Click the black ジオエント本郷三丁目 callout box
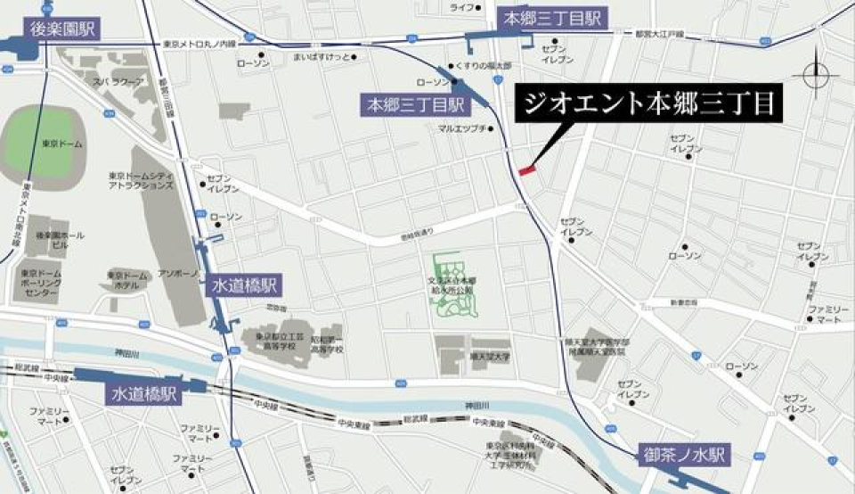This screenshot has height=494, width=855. [649, 105]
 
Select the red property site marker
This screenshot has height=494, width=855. [526, 168]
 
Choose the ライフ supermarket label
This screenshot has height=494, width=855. [460, 8]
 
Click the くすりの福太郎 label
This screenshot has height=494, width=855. [483, 66]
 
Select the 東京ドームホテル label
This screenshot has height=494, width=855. [125, 280]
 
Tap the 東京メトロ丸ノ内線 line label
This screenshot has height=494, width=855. [200, 43]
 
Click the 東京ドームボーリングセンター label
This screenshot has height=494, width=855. [37, 284]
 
